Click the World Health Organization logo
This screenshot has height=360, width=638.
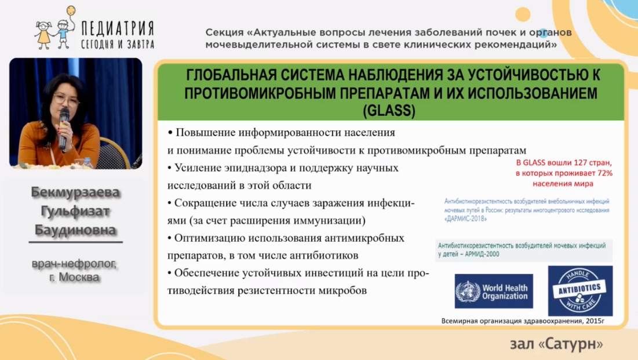click(x=494, y=291)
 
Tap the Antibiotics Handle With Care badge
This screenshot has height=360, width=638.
click(x=580, y=291)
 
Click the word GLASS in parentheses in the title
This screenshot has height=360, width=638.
click(x=389, y=111)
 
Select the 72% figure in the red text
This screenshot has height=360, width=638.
click(x=604, y=173)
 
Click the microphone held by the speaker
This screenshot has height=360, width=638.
click(x=64, y=128)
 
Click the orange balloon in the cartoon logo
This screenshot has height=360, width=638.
click(x=71, y=10)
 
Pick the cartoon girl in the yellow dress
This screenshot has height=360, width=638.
click(x=43, y=35)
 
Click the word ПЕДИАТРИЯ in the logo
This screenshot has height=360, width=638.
click(x=118, y=28)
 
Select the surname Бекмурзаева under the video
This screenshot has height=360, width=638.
click(x=75, y=192)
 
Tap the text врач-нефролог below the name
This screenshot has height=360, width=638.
click(x=74, y=264)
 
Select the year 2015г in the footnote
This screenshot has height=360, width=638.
click(x=595, y=321)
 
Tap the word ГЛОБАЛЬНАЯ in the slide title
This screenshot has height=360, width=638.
click(x=230, y=75)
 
